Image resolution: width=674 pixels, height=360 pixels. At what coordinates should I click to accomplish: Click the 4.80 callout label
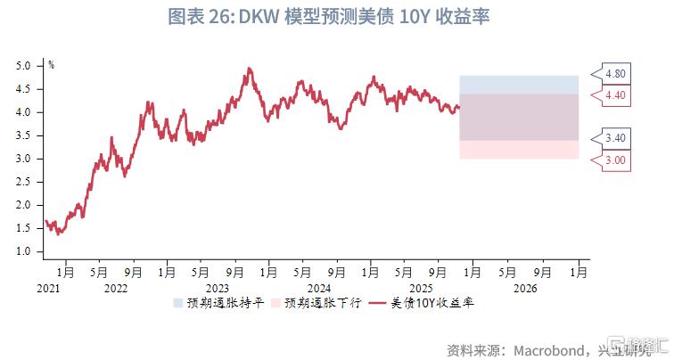(x=615, y=73)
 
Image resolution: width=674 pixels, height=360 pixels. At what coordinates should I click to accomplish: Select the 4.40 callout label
(x=615, y=94)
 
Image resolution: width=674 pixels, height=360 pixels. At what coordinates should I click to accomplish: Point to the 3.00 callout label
(x=615, y=160)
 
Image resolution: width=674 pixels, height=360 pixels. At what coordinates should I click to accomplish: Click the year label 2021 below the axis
(x=48, y=288)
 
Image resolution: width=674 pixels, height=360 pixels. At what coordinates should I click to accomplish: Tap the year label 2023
(x=218, y=288)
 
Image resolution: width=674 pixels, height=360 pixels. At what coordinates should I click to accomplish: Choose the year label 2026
(x=526, y=288)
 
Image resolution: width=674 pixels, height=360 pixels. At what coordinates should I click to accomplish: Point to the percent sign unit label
(x=51, y=64)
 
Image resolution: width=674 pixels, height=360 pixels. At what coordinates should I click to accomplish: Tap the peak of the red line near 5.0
(x=249, y=68)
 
